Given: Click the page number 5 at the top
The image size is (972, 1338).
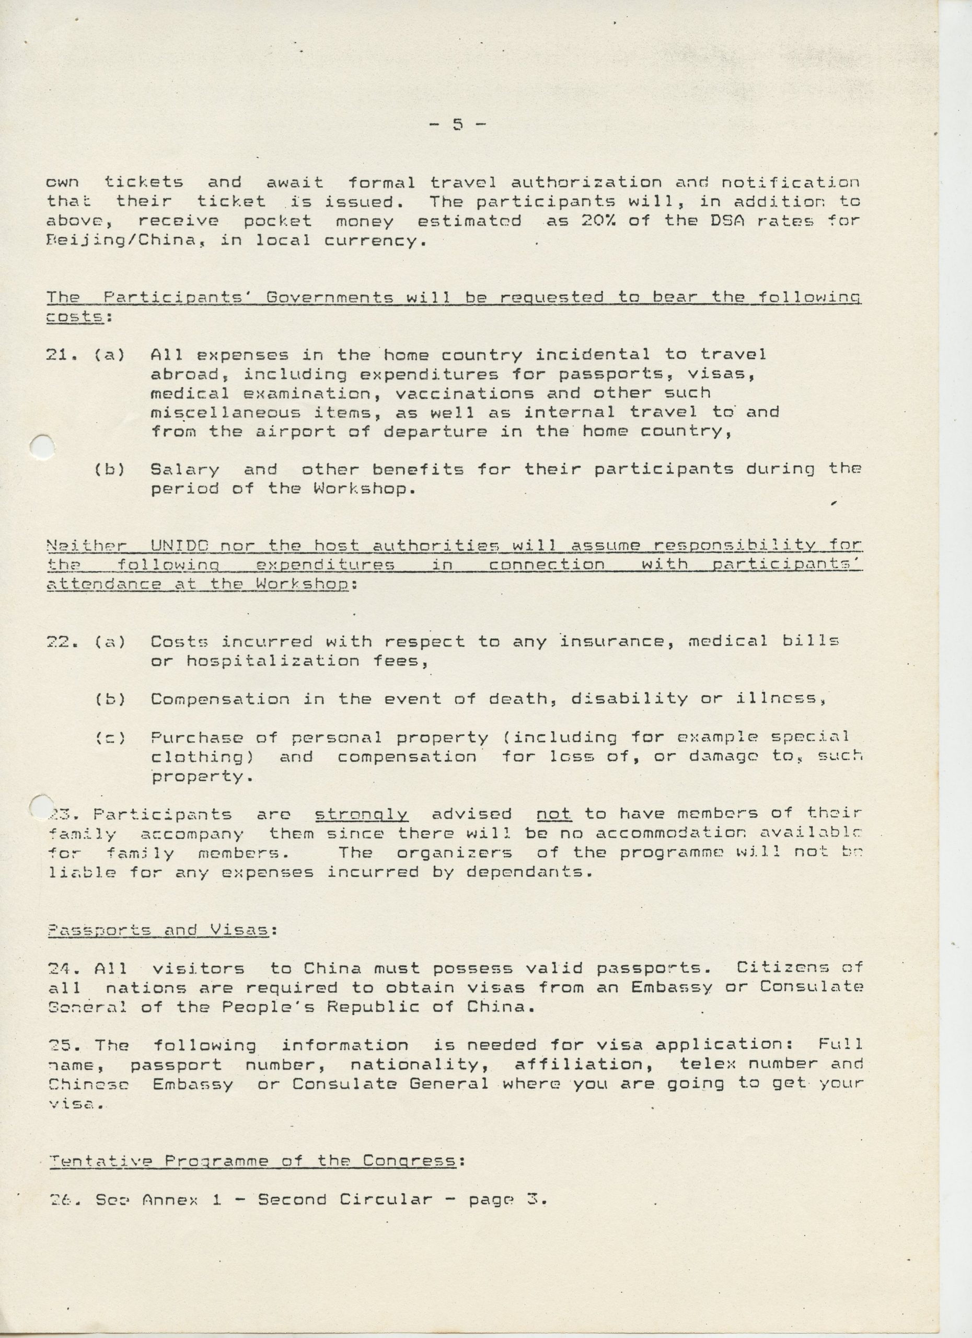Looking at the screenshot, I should pos(458,124).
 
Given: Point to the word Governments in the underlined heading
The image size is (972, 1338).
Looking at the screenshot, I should pos(330,297).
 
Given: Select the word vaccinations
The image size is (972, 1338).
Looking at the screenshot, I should pos(465,393).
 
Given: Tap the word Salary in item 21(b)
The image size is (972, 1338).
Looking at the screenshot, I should pos(184,469).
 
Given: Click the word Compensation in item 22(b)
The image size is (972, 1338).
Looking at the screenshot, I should pos(220,699).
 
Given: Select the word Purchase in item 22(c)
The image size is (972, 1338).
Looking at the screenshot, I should pos(196,737).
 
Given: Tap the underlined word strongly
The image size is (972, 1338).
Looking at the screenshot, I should pos(361,815).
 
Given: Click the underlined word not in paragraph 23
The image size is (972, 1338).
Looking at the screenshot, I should pos(553,815).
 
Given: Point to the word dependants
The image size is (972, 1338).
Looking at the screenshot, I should pos(529,872).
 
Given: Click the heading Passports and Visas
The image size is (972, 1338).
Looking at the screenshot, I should pos(158,930).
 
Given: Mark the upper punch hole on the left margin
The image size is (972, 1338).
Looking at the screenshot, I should pos(42,446).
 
